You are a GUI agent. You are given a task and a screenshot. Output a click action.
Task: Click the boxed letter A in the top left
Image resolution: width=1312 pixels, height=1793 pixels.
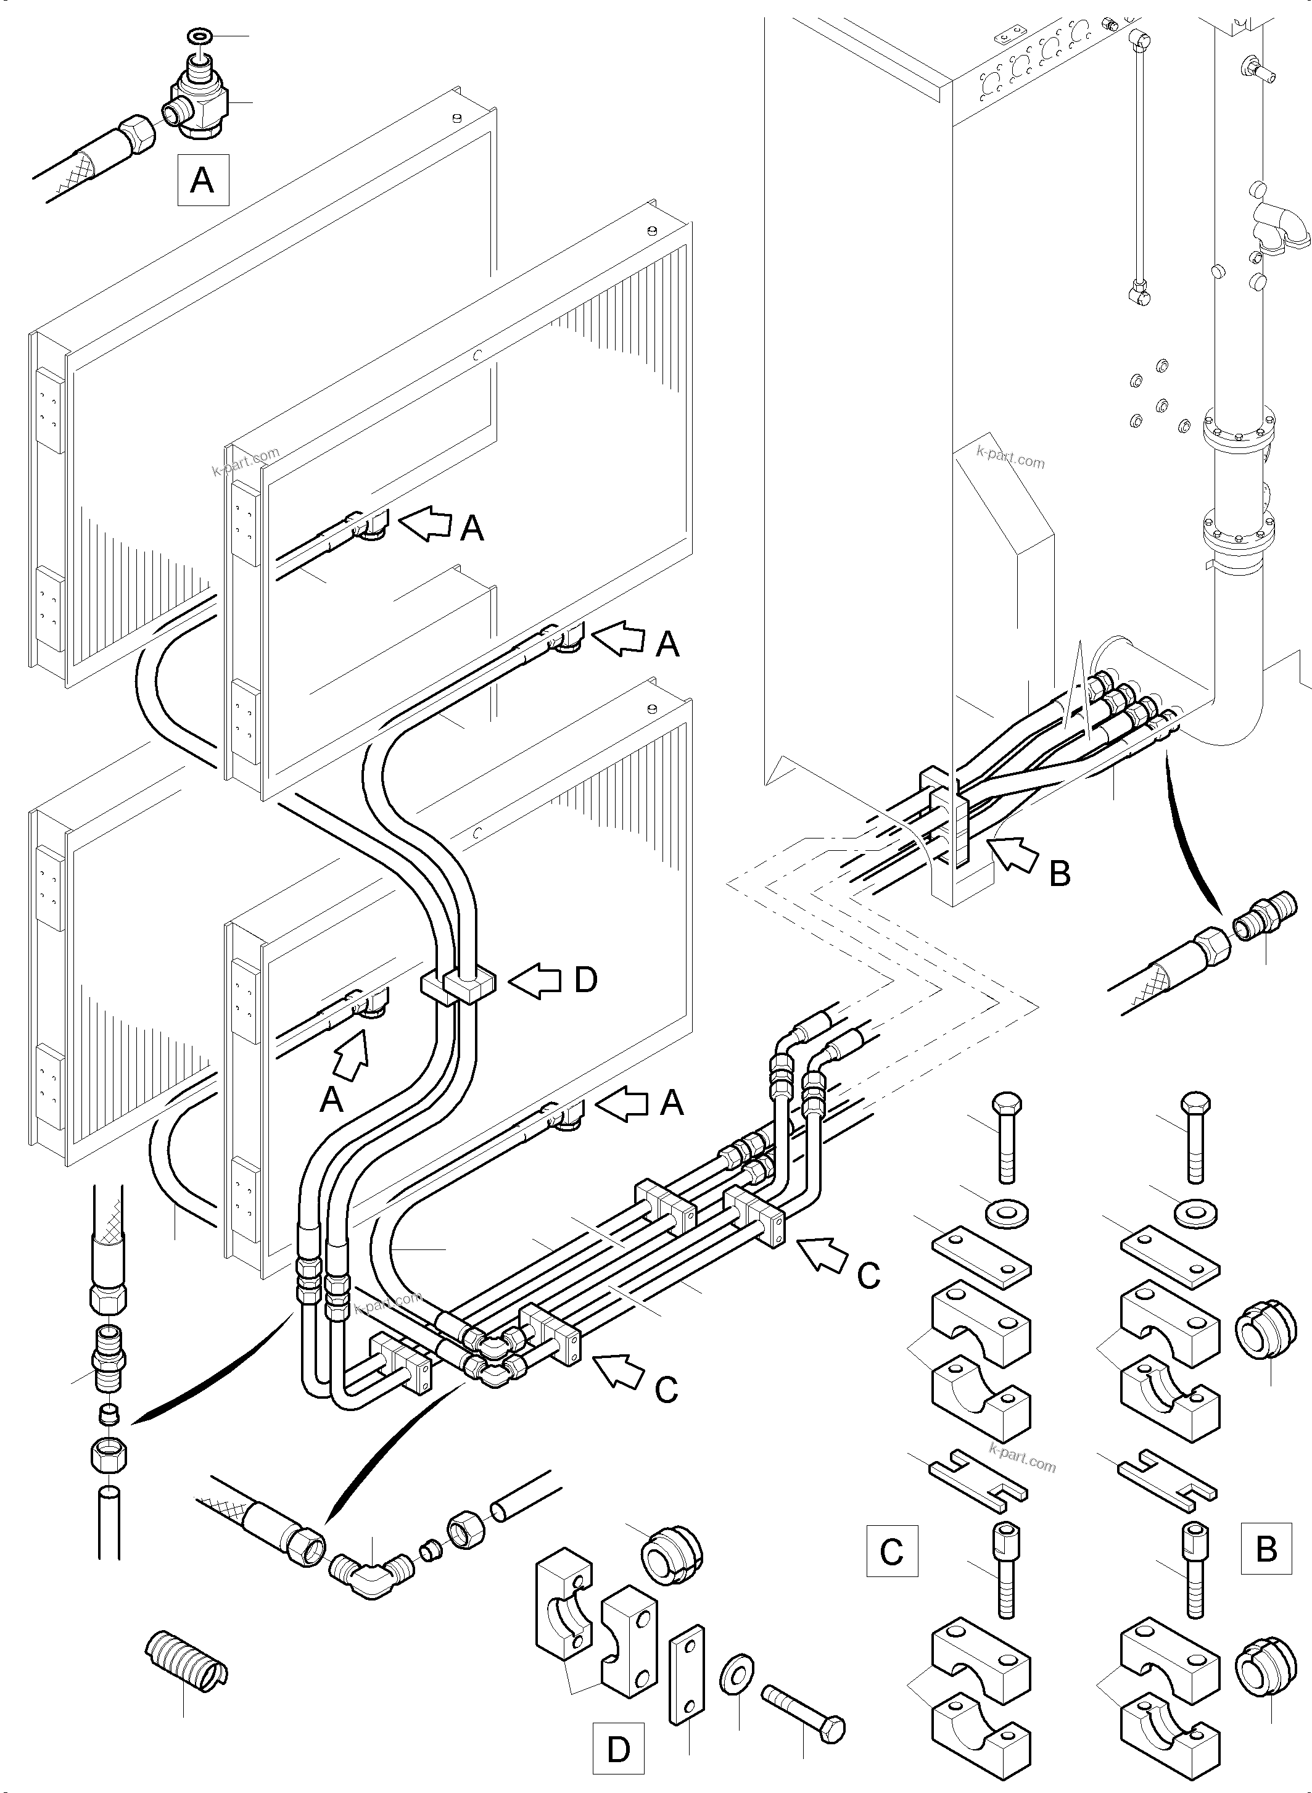(x=202, y=181)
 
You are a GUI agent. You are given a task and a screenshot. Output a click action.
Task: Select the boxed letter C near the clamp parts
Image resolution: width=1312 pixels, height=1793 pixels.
(x=892, y=1551)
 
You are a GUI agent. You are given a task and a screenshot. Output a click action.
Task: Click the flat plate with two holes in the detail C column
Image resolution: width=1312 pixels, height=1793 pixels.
(x=981, y=1254)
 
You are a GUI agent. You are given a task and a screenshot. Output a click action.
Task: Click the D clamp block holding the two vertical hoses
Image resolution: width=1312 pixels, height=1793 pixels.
(x=458, y=987)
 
